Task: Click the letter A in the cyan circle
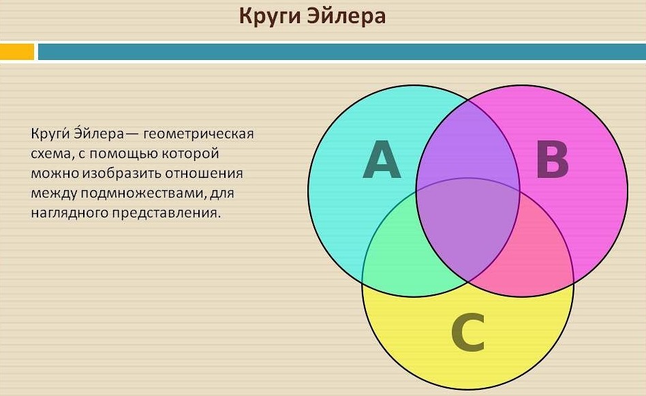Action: pyautogui.click(x=382, y=159)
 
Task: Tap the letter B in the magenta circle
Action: pyautogui.click(x=553, y=160)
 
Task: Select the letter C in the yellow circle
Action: pyautogui.click(x=467, y=332)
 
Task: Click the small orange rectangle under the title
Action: pyautogui.click(x=17, y=52)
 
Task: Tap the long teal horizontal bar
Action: pyautogui.click(x=342, y=52)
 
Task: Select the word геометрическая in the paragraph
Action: pyautogui.click(x=199, y=134)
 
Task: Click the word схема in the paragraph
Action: pyautogui.click(x=50, y=154)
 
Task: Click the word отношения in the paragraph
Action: pyautogui.click(x=204, y=174)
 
